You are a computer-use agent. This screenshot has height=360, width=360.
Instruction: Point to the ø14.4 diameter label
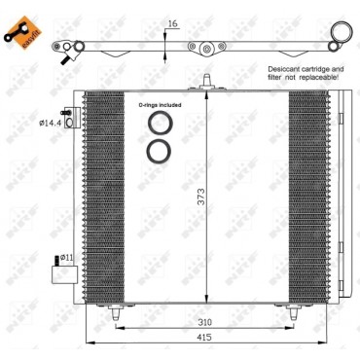[50, 124]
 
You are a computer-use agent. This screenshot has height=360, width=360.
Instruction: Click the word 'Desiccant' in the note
[287, 70]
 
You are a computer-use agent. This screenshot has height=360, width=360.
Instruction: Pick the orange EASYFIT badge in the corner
[18, 22]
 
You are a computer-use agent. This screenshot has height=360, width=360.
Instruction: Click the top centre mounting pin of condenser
[205, 80]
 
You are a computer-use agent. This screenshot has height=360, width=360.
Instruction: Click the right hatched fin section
[309, 195]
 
